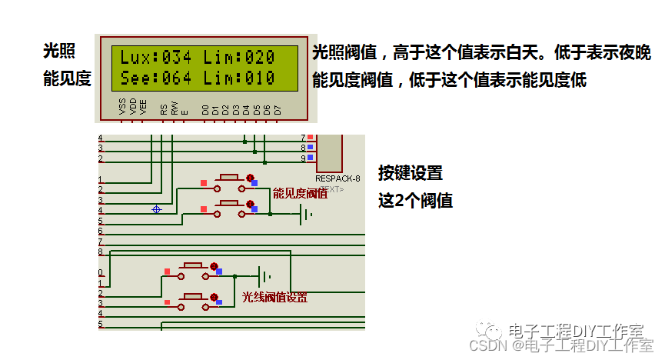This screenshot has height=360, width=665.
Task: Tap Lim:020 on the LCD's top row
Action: (x=249, y=57)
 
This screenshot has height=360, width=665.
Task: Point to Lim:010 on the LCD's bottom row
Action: (x=249, y=78)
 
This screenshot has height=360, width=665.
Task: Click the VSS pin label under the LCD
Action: (x=123, y=107)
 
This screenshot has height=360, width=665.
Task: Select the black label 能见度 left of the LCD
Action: (x=67, y=78)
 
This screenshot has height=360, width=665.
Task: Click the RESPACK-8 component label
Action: (x=337, y=178)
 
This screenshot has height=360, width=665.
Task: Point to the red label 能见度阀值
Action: (x=300, y=193)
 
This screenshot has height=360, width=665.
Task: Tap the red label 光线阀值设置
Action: (x=274, y=297)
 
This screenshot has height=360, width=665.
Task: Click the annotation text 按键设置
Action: (x=410, y=172)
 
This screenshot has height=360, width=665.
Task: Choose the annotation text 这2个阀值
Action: (x=415, y=201)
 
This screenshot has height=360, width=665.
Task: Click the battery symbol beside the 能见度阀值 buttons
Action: (x=306, y=215)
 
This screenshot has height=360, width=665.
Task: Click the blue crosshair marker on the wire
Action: (x=157, y=208)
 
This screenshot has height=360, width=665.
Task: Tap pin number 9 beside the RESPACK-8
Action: (x=303, y=158)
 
